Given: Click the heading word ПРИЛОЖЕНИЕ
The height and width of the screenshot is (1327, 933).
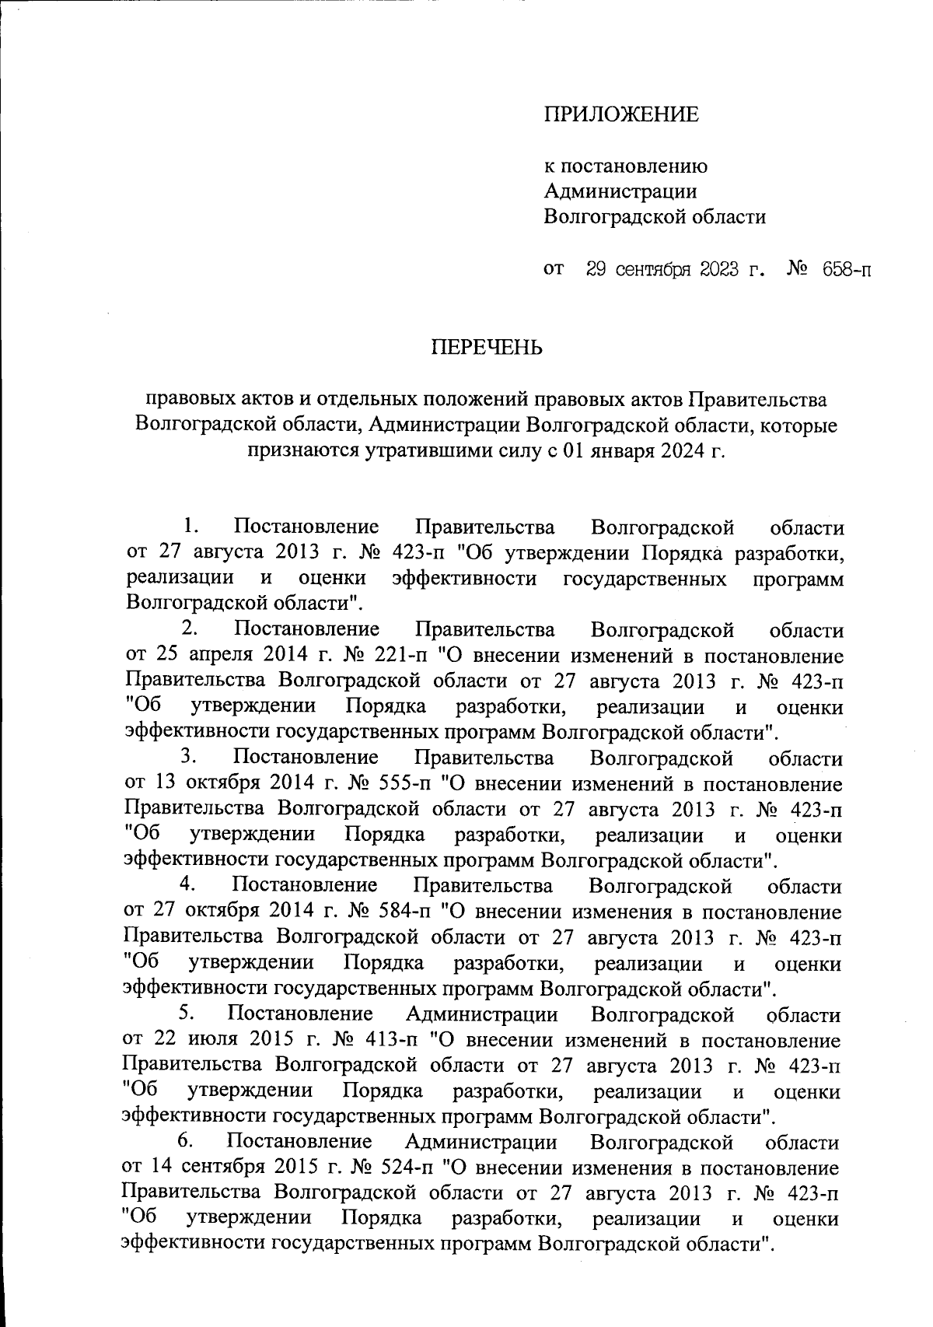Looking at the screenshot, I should tap(620, 116).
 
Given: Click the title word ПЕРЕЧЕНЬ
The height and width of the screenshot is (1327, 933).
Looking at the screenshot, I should tap(487, 347).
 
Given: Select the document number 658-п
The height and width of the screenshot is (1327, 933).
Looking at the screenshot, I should tap(842, 271).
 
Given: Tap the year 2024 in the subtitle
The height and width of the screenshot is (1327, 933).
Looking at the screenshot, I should tap(676, 452).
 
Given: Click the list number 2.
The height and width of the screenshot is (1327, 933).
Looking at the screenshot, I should tap(191, 628).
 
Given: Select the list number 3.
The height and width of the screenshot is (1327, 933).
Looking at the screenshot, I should tap(190, 756).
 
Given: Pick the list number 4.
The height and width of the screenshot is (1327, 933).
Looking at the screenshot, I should tap(189, 884).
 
